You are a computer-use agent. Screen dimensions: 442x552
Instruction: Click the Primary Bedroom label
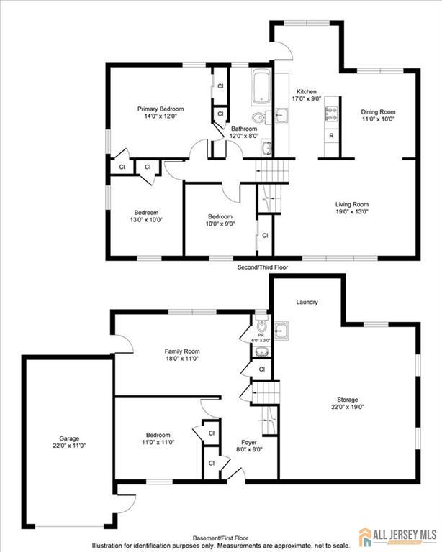pyautogui.click(x=161, y=109)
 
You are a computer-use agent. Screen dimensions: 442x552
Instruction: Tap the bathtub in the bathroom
pyautogui.click(x=261, y=87)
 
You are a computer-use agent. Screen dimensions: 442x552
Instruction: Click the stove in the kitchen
pyautogui.click(x=331, y=114)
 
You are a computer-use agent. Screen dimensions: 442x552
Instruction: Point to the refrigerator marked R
pyautogui.click(x=331, y=136)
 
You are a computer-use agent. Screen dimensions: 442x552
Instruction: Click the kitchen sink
pyautogui.click(x=281, y=115)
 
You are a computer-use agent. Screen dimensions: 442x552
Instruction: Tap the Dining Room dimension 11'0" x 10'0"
pyautogui.click(x=378, y=119)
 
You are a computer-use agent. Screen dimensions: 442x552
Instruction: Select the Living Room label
pyautogui.click(x=352, y=204)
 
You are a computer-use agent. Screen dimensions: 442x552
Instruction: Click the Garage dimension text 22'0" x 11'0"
pyautogui.click(x=69, y=446)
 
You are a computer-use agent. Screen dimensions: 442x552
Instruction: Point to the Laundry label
pyautogui.click(x=307, y=302)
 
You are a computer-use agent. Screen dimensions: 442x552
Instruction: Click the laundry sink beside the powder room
pyautogui.click(x=281, y=331)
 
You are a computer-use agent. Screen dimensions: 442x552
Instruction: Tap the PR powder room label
pyautogui.click(x=261, y=336)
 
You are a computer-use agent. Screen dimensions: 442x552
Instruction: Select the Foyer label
pyautogui.click(x=249, y=442)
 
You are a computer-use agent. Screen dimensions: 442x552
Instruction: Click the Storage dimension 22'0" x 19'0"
pyautogui.click(x=348, y=407)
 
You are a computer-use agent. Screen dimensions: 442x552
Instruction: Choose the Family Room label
pyautogui.click(x=182, y=351)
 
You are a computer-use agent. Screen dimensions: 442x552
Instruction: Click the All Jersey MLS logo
pyautogui.click(x=397, y=537)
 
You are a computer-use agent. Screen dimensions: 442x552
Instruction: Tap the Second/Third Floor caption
pyautogui.click(x=263, y=267)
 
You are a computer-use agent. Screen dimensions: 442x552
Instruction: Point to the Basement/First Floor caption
pyautogui.click(x=220, y=538)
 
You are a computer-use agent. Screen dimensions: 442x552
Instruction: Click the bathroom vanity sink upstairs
pyautogui.click(x=266, y=148)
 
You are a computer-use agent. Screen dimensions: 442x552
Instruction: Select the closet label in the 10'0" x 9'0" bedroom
pyautogui.click(x=265, y=236)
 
